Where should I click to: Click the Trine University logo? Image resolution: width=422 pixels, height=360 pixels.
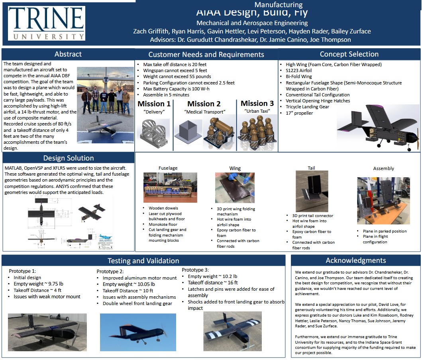[x=47, y=23]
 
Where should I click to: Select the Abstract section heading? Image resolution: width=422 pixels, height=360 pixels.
[x=68, y=54]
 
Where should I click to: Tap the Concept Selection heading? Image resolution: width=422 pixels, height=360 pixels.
[x=349, y=54]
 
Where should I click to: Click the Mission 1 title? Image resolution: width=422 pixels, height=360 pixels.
[x=154, y=104]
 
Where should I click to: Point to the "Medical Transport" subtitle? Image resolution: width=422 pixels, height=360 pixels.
[x=204, y=112]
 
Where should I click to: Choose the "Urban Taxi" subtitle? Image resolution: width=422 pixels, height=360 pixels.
[x=257, y=111]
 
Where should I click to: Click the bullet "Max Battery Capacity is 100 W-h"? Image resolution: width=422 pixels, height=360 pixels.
[x=177, y=89]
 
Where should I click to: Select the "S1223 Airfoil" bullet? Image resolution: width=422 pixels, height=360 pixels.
[x=299, y=70]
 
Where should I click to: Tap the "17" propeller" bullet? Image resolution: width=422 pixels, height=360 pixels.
[x=299, y=113]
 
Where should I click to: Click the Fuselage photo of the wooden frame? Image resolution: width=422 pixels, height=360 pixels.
[x=170, y=188]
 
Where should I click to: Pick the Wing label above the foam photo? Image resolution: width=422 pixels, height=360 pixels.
[x=235, y=168]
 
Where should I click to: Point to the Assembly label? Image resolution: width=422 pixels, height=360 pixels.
[x=383, y=168]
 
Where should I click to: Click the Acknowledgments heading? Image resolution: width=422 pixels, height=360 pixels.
[x=355, y=260]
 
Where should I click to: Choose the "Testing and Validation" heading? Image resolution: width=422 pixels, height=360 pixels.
[x=143, y=261]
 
